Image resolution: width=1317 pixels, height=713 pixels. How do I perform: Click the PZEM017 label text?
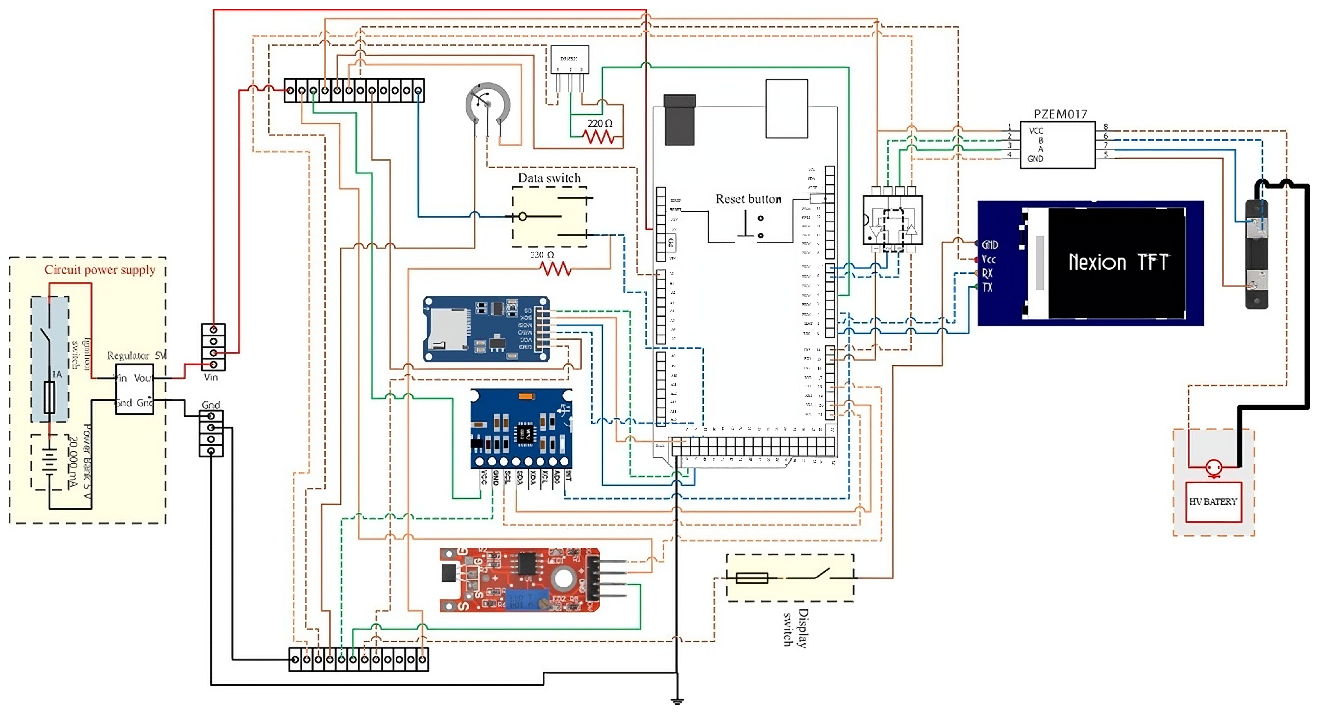[1060, 114]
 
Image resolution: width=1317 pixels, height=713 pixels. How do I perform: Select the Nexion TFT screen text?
[1118, 262]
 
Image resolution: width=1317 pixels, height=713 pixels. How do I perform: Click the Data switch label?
[549, 178]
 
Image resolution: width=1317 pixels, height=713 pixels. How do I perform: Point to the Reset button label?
[748, 199]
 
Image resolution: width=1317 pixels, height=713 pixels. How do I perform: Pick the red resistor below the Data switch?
[555, 269]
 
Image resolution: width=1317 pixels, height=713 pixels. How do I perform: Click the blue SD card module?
[486, 329]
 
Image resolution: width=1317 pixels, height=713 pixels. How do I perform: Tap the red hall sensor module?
[519, 579]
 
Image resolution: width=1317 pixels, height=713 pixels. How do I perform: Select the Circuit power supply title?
[100, 269]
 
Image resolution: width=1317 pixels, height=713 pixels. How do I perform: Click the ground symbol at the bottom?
[677, 701]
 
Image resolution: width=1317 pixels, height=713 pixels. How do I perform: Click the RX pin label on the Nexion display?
[987, 273]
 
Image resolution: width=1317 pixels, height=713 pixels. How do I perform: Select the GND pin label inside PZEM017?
[1035, 159]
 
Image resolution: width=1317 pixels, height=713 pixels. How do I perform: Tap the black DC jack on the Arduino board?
[679, 120]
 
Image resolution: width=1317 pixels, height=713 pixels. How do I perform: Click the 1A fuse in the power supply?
[50, 397]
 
